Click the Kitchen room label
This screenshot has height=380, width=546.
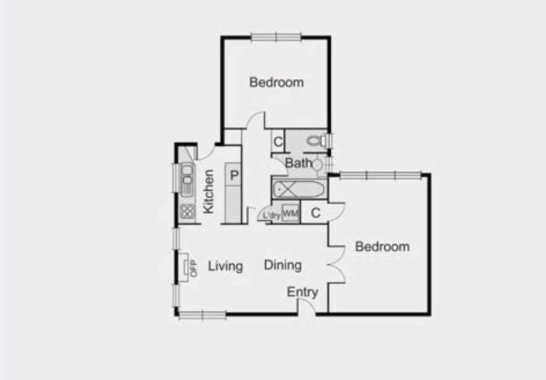(x=209, y=192)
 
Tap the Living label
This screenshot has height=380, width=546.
(x=225, y=266)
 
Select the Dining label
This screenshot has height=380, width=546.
(x=283, y=265)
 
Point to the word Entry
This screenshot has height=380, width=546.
(x=302, y=292)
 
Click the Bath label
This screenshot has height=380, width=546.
(x=298, y=163)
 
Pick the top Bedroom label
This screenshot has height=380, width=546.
(x=276, y=82)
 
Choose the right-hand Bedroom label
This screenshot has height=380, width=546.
(x=383, y=246)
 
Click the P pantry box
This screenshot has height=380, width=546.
(x=234, y=175)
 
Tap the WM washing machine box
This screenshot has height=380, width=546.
(x=290, y=214)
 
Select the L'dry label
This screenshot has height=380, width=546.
(x=271, y=215)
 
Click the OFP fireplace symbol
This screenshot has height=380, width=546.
(x=186, y=267)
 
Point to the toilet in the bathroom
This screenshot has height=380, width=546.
(x=316, y=140)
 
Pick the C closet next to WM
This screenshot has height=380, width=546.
(x=315, y=213)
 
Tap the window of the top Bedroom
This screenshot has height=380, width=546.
(x=276, y=37)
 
